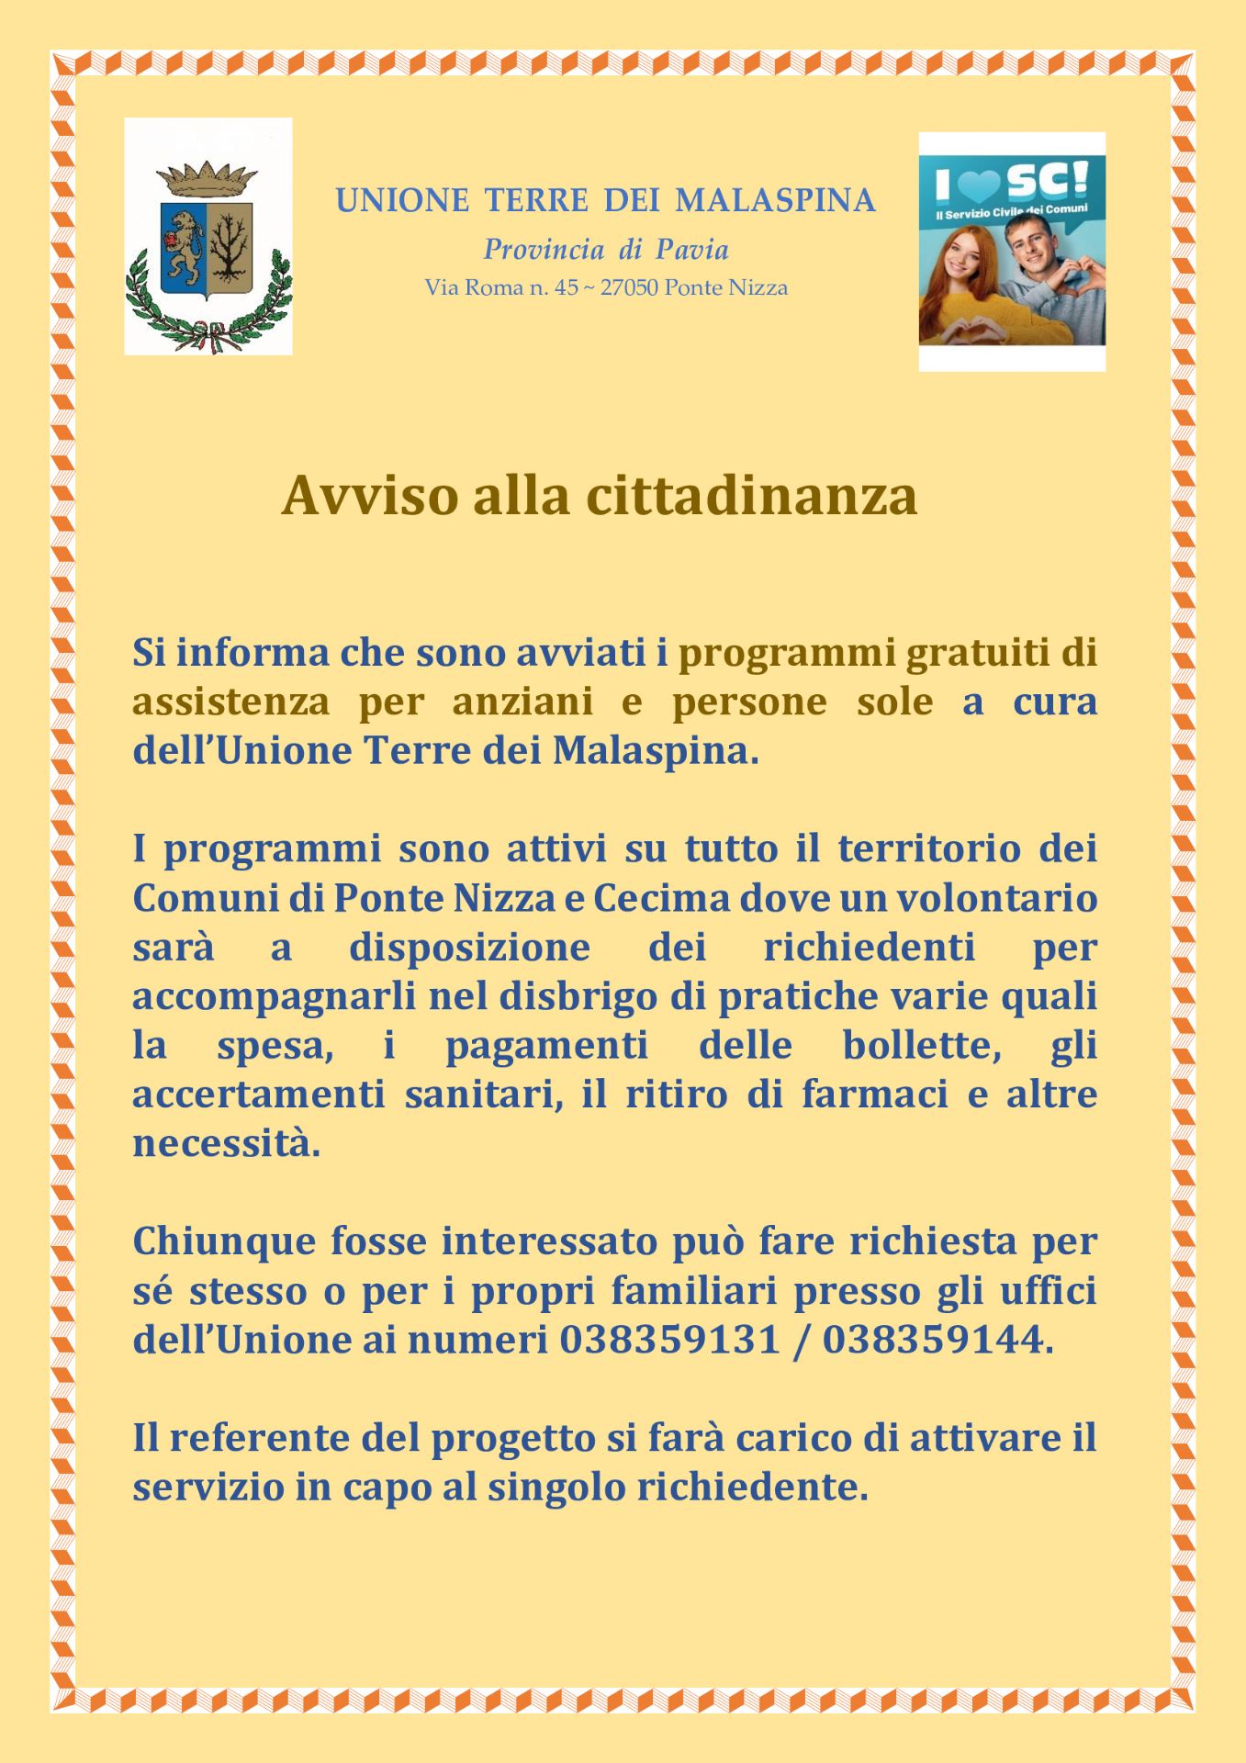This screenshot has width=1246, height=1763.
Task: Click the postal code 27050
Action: pos(629,288)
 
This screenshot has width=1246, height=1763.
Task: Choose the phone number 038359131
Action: pos(669,1340)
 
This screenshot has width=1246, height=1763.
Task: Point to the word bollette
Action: pos(921,1046)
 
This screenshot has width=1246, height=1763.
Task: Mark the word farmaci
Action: pos(874,1095)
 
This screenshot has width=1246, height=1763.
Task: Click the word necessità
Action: pos(226,1144)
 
